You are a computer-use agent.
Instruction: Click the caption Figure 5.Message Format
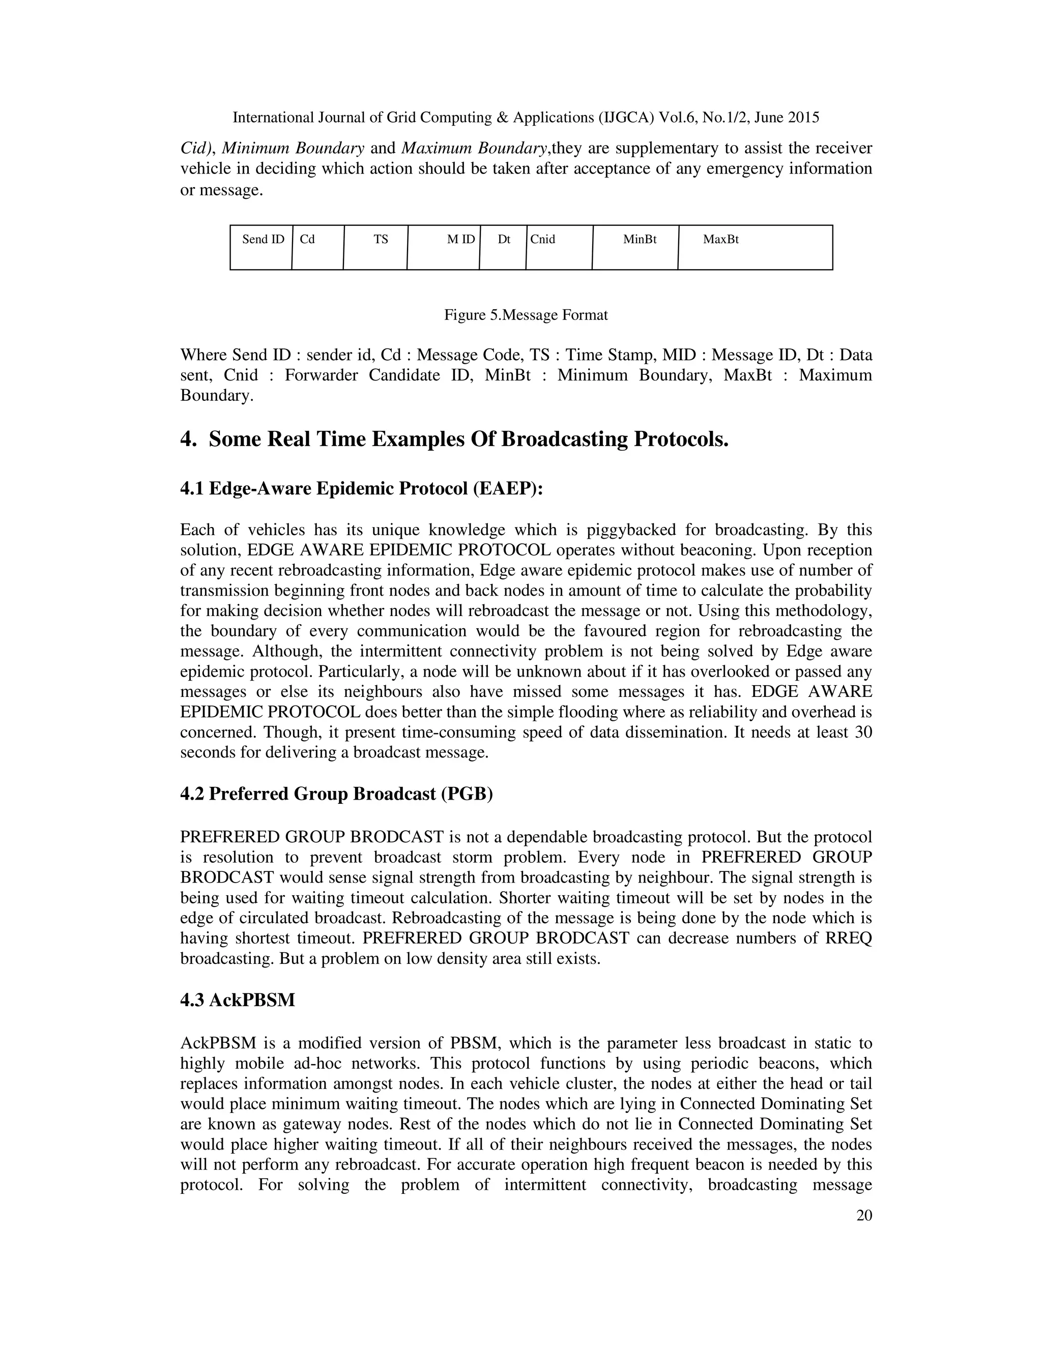click(x=526, y=315)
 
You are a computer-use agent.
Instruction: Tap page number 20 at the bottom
click(x=864, y=1216)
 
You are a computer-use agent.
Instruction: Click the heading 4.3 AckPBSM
click(x=238, y=1001)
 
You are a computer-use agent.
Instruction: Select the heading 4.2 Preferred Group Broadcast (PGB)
click(x=336, y=794)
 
